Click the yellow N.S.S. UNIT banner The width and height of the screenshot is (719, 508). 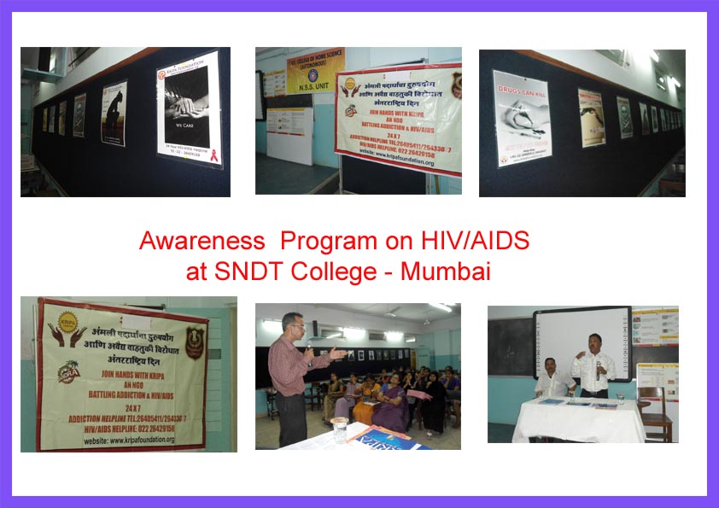point(315,73)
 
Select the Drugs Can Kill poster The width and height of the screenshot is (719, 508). point(522,119)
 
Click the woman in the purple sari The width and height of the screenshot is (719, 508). point(389,406)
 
